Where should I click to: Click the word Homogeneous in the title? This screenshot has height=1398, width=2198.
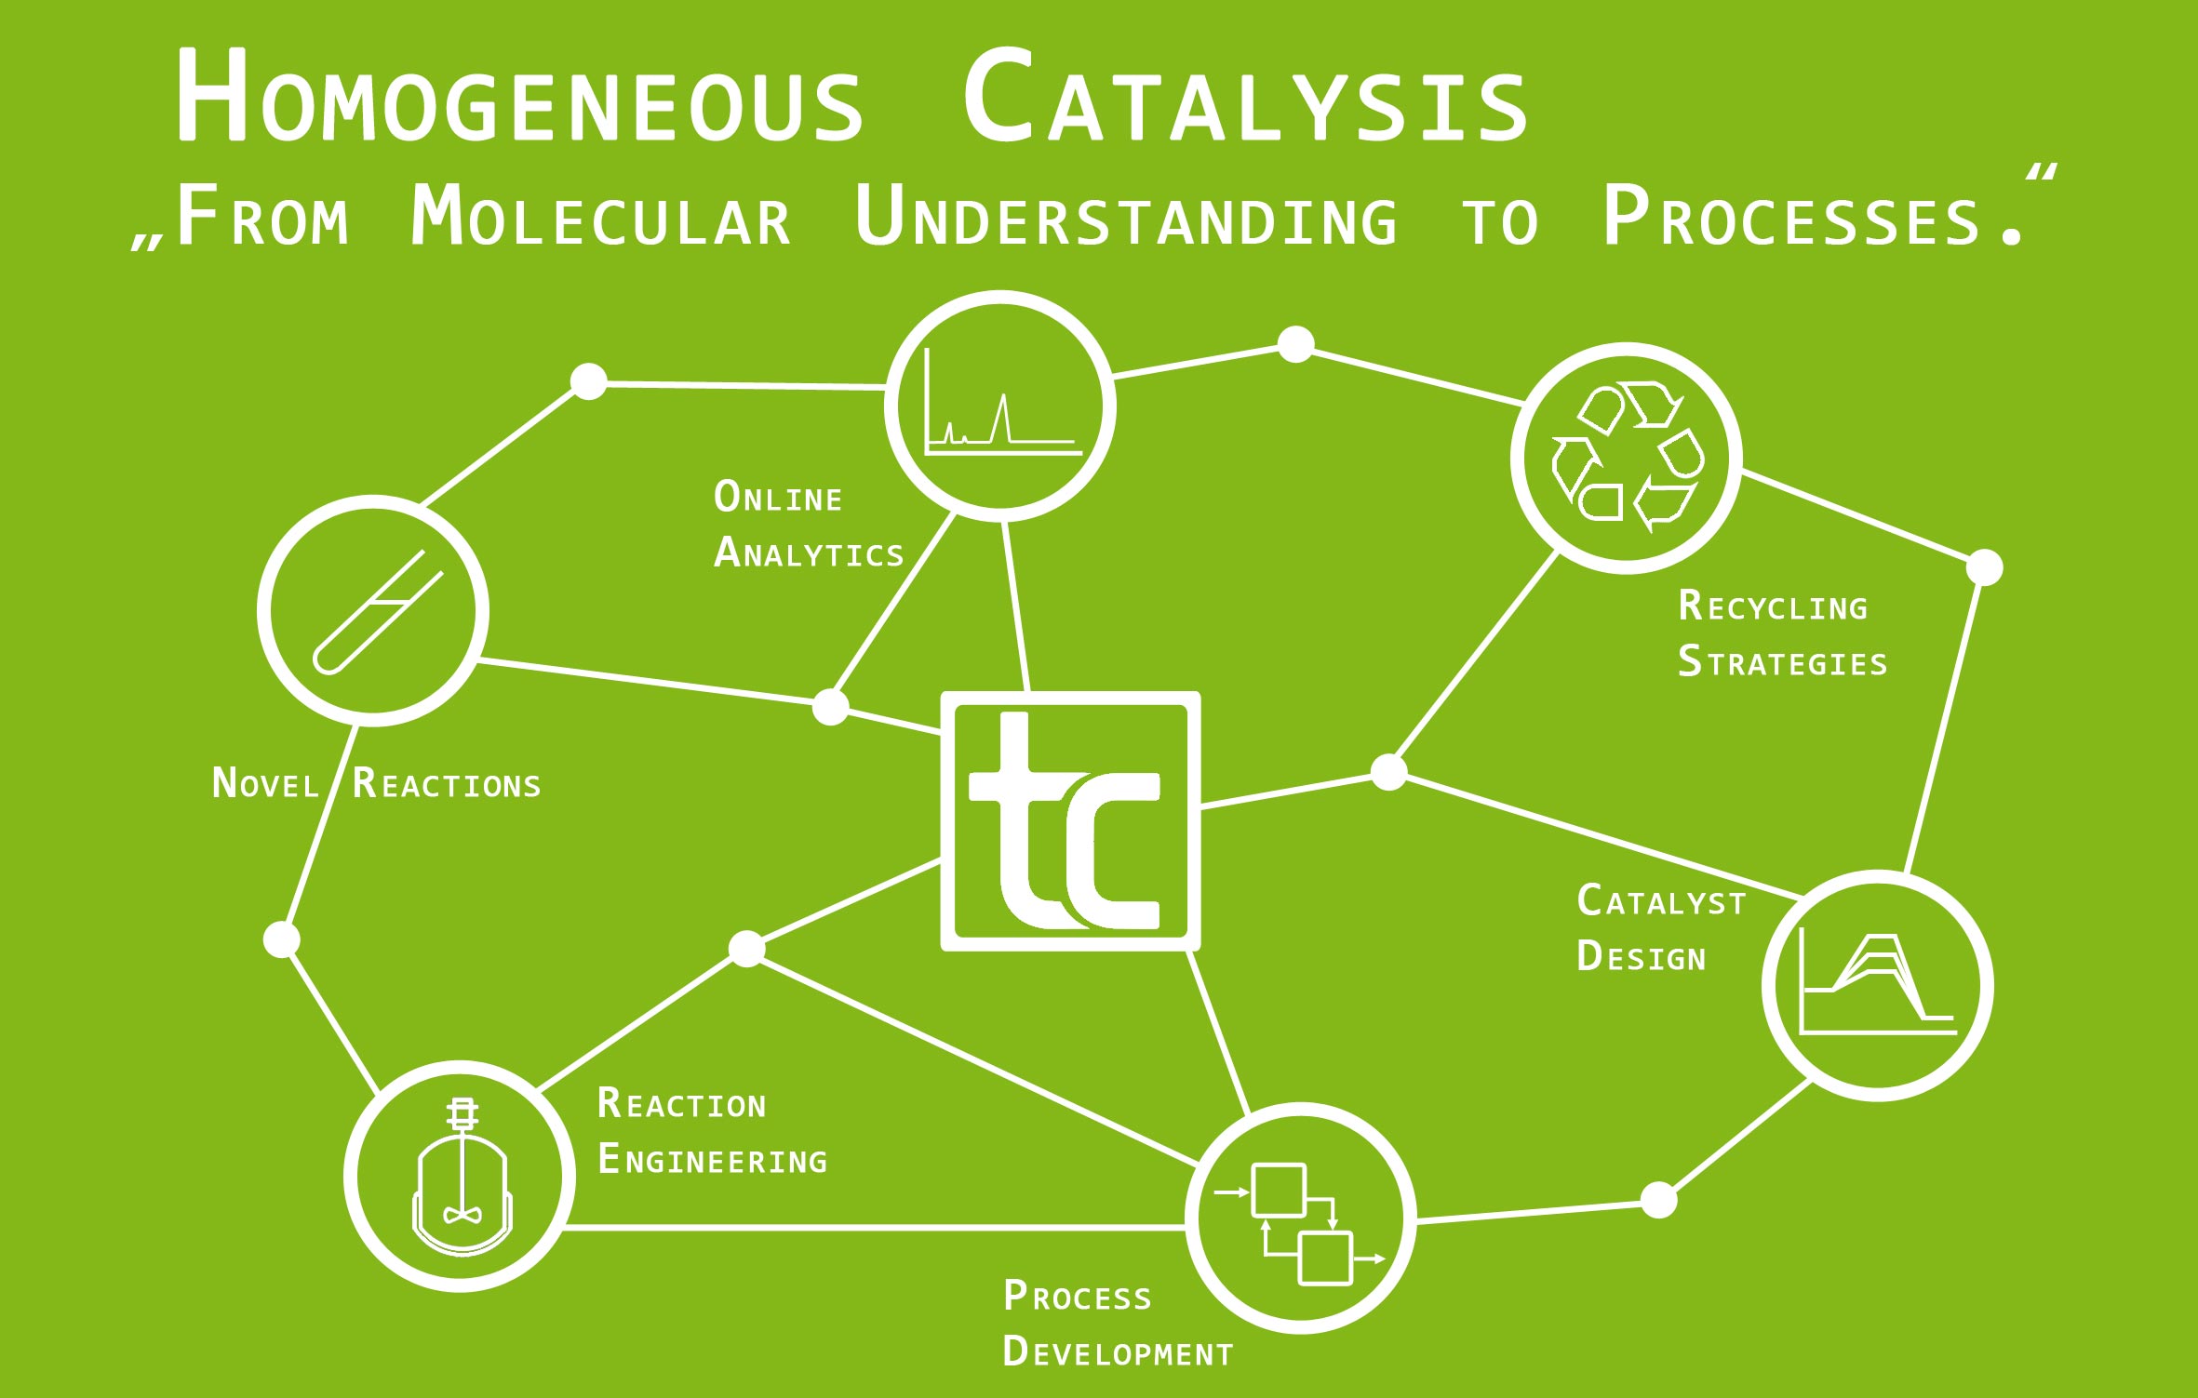point(519,99)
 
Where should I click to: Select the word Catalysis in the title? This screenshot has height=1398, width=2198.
point(1245,99)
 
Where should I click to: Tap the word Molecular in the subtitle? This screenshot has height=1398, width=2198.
point(600,218)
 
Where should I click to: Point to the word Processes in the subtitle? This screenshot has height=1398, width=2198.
point(1791,218)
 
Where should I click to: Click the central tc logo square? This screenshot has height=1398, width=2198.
point(1070,820)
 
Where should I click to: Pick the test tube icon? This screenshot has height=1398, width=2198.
point(373,611)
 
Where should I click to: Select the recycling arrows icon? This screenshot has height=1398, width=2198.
point(1626,458)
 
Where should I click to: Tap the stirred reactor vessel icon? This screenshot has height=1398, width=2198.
point(460,1176)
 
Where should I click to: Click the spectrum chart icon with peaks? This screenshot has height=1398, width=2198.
point(1000,406)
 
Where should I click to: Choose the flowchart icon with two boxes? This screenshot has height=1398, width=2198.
point(1300,1218)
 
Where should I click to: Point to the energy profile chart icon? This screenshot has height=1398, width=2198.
point(1877,986)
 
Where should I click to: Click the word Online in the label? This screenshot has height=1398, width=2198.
point(778,498)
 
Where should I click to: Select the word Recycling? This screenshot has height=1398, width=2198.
point(1773,606)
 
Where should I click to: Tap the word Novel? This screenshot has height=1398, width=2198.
point(266,784)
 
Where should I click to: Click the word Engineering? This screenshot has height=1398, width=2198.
point(713,1160)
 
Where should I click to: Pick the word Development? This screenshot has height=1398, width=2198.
point(1118,1352)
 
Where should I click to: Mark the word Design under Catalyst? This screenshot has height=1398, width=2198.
point(1642,957)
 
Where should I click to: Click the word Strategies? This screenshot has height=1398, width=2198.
point(1782,662)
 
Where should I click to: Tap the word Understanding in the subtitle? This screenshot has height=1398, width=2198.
point(1126,218)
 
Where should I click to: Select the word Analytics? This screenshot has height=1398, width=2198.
point(809,553)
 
